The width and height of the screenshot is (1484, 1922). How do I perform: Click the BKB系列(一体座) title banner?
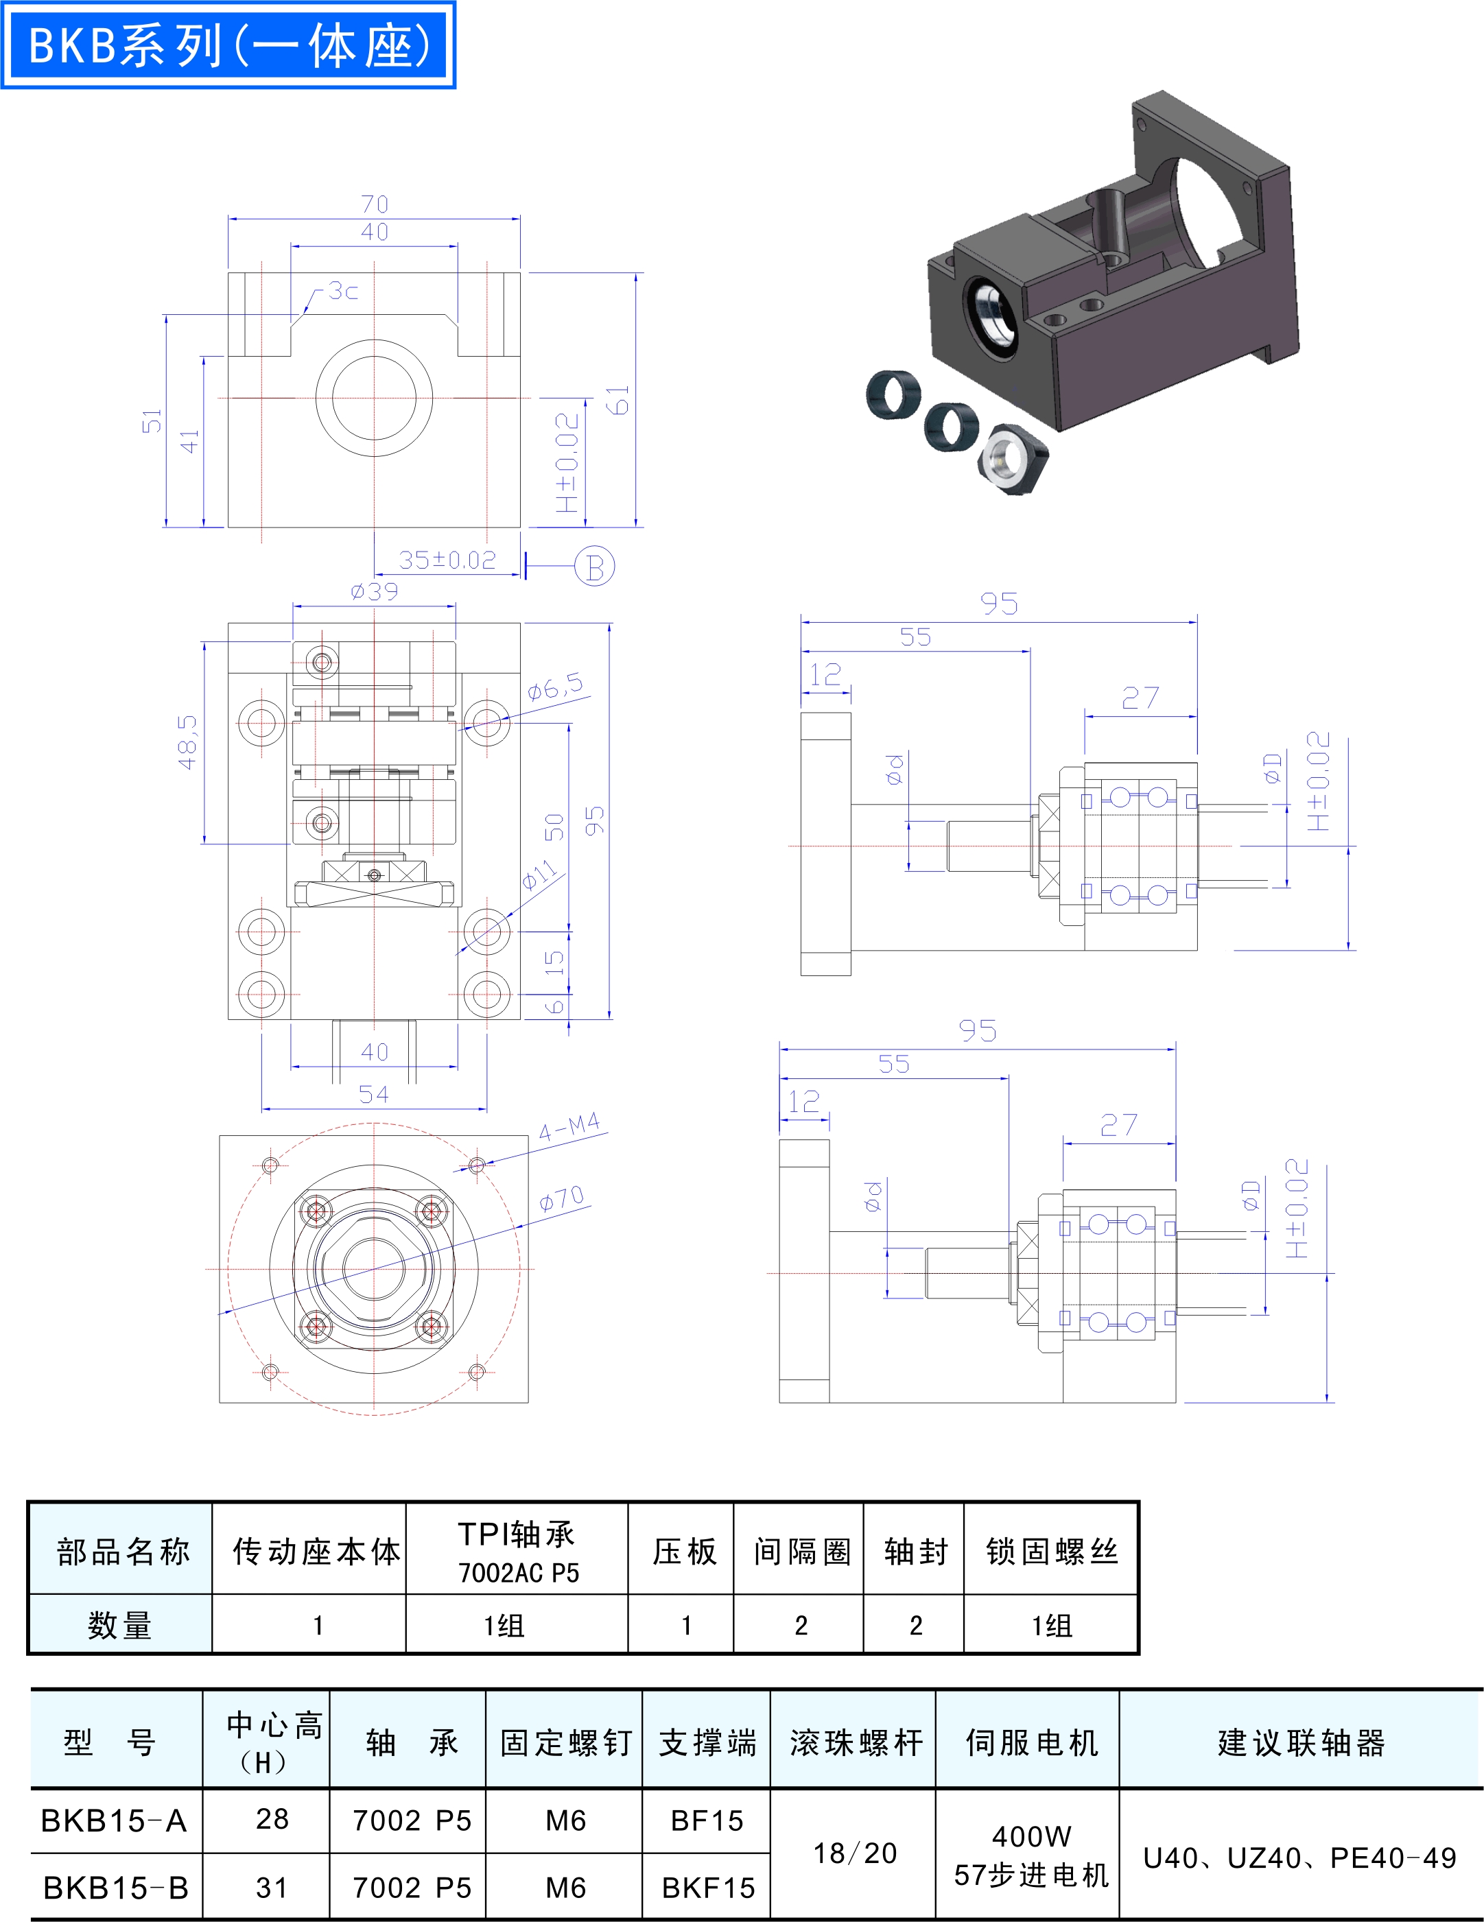[x=228, y=45]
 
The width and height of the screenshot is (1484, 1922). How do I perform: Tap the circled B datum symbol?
[x=594, y=567]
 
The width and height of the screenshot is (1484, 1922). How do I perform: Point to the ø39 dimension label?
[x=374, y=591]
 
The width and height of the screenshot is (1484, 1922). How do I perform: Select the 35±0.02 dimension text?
[x=447, y=560]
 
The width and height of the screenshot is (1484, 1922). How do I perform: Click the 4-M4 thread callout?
[x=569, y=1126]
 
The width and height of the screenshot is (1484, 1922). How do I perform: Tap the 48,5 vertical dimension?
[x=187, y=742]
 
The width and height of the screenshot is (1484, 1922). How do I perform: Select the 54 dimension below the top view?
[x=373, y=1094]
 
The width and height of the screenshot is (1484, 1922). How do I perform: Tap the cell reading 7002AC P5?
[x=519, y=1573]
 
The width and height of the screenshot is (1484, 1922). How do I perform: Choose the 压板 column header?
[x=684, y=1552]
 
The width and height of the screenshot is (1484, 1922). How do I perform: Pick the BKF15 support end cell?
[x=709, y=1888]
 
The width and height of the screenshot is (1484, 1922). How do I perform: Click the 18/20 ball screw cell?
[x=855, y=1853]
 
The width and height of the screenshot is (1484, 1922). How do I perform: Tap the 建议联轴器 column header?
[x=1302, y=1742]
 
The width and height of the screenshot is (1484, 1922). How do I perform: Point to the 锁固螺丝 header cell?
[x=1052, y=1552]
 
